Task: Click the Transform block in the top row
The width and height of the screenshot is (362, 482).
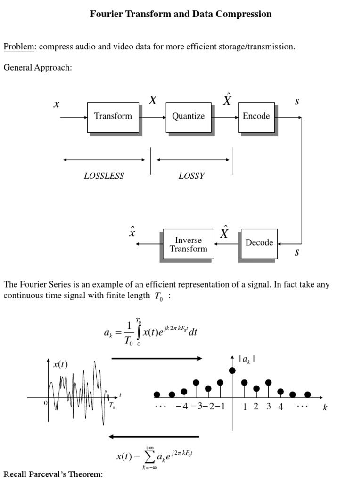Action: (x=113, y=116)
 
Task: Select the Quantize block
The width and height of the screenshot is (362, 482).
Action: (x=188, y=116)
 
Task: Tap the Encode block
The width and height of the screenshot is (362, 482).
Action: (x=256, y=116)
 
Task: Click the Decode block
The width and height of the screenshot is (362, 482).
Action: (x=259, y=243)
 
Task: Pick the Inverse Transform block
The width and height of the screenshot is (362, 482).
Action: (x=188, y=244)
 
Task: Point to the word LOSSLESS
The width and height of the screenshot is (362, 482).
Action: (x=104, y=176)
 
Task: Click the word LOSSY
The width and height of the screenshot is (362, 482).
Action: (x=191, y=176)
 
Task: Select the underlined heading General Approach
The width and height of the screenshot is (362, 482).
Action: (x=37, y=68)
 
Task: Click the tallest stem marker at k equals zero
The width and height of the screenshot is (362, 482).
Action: (x=232, y=370)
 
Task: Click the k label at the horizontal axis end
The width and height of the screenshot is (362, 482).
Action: (x=325, y=408)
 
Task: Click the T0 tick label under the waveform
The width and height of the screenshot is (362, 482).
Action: (x=112, y=406)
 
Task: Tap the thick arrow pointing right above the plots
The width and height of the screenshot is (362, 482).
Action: (x=156, y=358)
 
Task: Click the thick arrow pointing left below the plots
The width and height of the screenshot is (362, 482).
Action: (x=154, y=437)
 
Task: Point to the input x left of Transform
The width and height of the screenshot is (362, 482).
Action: (x=56, y=104)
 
